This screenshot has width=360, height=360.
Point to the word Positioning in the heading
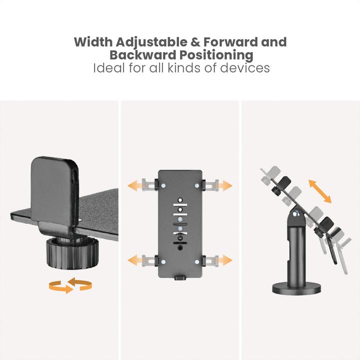coord(218,55)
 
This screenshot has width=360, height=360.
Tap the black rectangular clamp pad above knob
coord(55,193)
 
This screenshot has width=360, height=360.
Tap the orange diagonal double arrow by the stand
coord(319,191)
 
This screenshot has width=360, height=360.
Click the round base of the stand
coord(297,288)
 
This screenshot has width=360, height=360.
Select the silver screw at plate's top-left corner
coord(162,185)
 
